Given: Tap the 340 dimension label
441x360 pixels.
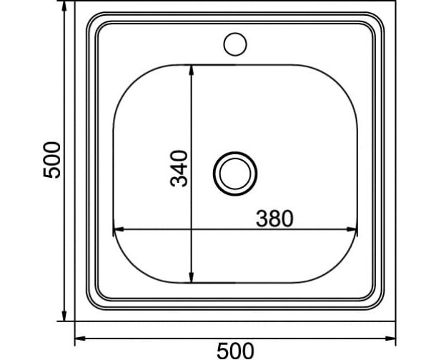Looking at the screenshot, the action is click(179, 169).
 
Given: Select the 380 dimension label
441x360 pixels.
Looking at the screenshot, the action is click(274, 219).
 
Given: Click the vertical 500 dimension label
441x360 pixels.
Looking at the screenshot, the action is click(51, 160).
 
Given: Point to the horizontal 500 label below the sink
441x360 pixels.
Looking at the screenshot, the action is click(235, 351).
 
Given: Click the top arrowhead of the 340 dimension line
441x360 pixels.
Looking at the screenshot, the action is click(192, 70).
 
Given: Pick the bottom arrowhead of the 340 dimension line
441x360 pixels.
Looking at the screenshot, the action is click(192, 278).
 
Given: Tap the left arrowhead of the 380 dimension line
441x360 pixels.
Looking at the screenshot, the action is click(119, 229).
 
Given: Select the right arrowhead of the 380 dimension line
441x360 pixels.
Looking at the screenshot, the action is click(352, 229).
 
